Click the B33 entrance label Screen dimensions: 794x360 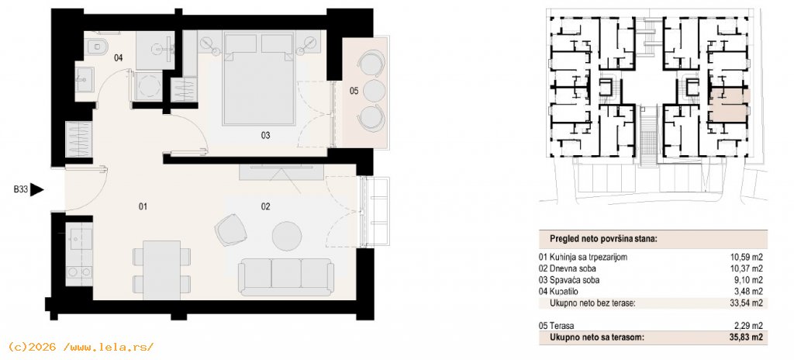pyautogui.click(x=19, y=190)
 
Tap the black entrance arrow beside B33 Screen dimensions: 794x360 pyautogui.click(x=37, y=190)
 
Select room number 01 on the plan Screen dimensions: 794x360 pyautogui.click(x=143, y=206)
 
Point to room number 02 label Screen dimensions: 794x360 pyautogui.click(x=266, y=206)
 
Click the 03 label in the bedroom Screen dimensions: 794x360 pyautogui.click(x=266, y=135)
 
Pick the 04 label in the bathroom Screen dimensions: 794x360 pyautogui.click(x=118, y=58)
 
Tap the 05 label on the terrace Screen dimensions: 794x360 pyautogui.click(x=354, y=92)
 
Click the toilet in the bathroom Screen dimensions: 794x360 pyautogui.click(x=97, y=47)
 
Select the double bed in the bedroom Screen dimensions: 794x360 pyautogui.click(x=259, y=79)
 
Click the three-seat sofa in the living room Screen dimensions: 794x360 pyautogui.click(x=286, y=277)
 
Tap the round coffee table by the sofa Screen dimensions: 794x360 pyautogui.click(x=287, y=236)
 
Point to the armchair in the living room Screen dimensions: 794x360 pyautogui.click(x=231, y=230)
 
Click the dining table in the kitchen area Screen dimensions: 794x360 pyautogui.click(x=162, y=270)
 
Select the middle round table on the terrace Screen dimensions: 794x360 pyautogui.click(x=375, y=92)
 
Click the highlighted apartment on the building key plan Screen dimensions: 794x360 pyautogui.click(x=728, y=105)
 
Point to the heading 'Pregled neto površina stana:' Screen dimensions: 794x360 pyautogui.click(x=603, y=238)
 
